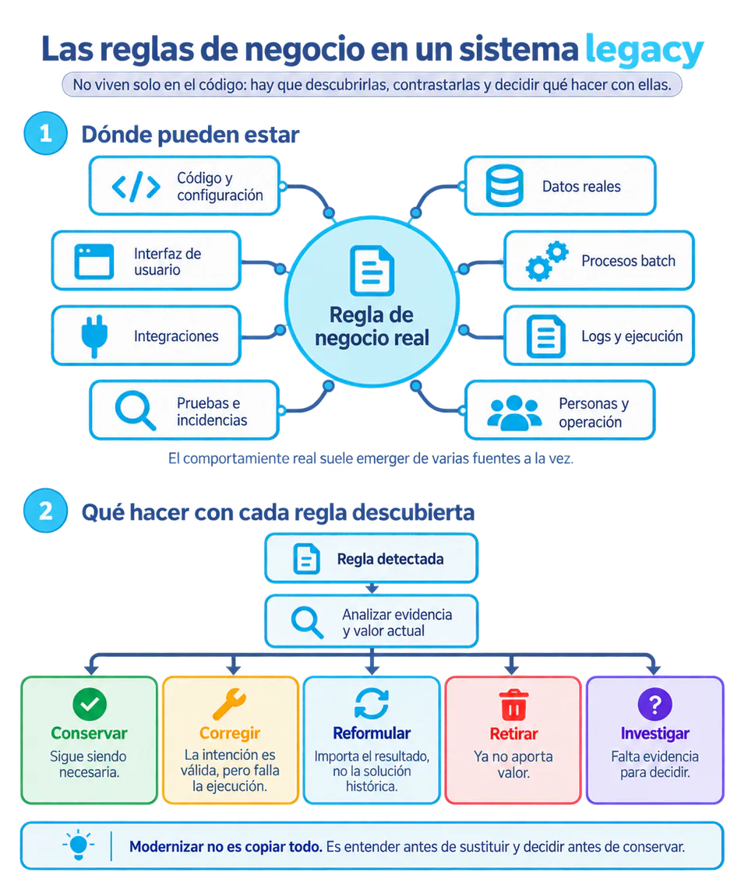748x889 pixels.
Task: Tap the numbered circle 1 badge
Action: (x=45, y=133)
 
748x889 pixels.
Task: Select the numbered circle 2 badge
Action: (x=45, y=510)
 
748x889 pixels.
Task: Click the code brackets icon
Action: (x=136, y=187)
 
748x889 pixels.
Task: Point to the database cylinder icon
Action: (x=505, y=185)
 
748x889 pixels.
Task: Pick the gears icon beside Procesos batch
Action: (x=546, y=261)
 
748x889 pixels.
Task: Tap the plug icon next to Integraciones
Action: (x=94, y=336)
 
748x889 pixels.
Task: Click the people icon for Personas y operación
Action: (x=514, y=413)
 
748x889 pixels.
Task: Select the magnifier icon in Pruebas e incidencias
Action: (x=135, y=410)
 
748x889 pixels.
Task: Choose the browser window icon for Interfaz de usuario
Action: (x=94, y=262)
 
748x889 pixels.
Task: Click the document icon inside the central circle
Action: (x=372, y=270)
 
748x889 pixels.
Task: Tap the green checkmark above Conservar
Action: (x=90, y=704)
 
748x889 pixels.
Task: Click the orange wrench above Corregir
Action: (x=229, y=704)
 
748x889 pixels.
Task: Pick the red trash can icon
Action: (x=513, y=705)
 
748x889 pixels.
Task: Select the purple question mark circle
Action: (x=655, y=705)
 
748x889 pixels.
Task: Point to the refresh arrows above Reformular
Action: (x=372, y=704)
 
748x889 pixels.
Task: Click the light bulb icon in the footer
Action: (x=79, y=845)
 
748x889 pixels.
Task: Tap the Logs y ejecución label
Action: (x=632, y=336)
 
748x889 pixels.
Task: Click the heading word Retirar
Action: (x=513, y=733)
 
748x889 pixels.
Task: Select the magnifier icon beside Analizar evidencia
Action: (x=307, y=622)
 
